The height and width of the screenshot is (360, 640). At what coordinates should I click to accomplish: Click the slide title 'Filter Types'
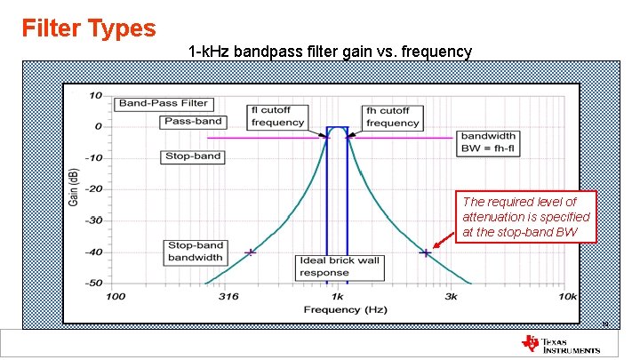(x=89, y=28)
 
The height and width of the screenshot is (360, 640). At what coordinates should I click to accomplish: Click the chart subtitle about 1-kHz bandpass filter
(x=331, y=52)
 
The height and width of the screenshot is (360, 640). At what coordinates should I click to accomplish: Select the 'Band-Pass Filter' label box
(x=163, y=103)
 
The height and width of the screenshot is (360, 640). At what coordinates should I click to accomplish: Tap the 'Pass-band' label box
(x=191, y=121)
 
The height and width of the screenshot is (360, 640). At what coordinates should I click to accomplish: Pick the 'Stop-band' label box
(x=193, y=156)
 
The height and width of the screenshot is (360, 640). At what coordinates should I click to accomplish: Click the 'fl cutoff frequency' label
(x=277, y=116)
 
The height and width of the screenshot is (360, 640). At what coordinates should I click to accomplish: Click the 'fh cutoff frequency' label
(x=392, y=116)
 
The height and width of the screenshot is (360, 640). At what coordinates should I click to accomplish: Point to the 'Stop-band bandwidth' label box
(x=195, y=252)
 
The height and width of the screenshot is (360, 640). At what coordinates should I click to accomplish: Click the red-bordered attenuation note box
(x=525, y=218)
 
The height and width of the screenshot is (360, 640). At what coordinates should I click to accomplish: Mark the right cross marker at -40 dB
(x=426, y=252)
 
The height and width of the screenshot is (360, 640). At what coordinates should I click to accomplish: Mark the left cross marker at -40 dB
(x=250, y=252)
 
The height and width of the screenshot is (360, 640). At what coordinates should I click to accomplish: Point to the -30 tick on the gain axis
(x=92, y=220)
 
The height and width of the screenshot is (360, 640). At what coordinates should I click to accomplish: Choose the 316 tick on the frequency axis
(x=228, y=296)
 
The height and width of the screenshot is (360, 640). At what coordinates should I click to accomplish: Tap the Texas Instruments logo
(x=563, y=344)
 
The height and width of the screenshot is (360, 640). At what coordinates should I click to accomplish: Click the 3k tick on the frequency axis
(x=451, y=296)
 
